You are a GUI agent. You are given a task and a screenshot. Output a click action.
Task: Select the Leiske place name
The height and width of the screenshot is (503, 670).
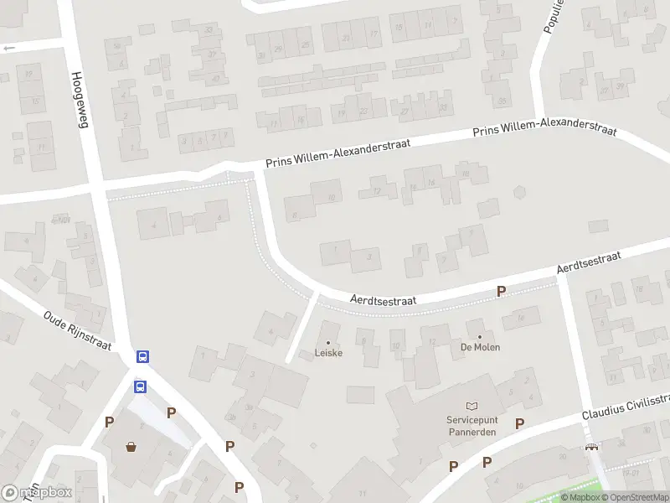[328, 353]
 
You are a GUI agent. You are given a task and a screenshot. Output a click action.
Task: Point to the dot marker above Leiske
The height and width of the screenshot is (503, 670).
[328, 342]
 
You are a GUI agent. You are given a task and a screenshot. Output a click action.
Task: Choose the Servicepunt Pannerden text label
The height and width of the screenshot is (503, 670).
[471, 426]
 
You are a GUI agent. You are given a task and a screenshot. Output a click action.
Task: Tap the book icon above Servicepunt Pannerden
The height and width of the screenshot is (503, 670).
[471, 406]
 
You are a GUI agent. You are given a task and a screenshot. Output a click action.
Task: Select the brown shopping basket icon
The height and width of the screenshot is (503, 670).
[131, 446]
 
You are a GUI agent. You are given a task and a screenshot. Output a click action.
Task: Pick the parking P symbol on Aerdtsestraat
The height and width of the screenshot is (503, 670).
[501, 292]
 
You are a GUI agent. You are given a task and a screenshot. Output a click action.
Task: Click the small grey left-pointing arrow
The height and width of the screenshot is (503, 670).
[9, 49]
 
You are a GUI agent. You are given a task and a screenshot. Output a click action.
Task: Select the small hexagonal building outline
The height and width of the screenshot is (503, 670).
[519, 192]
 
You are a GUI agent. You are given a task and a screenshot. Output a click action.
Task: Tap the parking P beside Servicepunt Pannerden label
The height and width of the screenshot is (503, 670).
[519, 424]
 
